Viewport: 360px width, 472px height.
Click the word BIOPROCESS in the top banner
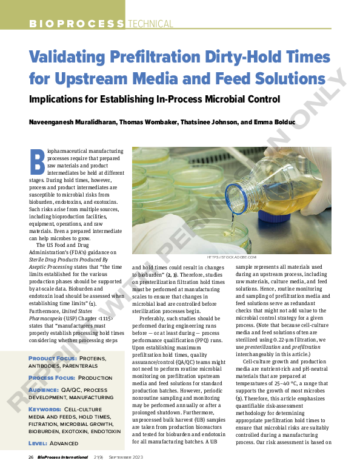[x=76, y=24]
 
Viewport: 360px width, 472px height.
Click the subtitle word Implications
[x=62, y=98]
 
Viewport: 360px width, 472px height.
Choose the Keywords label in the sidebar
[x=44, y=409]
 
